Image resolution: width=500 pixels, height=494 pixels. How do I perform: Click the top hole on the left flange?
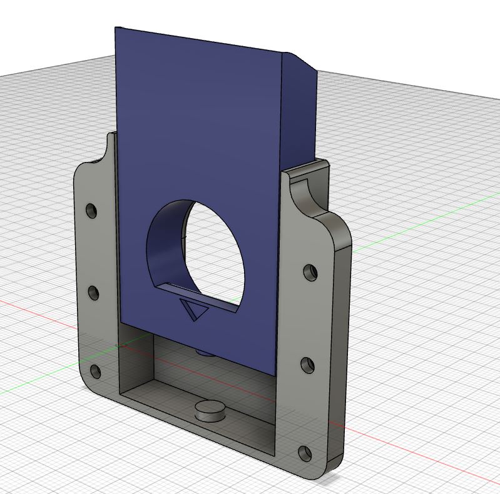92,210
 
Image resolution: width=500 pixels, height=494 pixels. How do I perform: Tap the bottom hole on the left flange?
95,373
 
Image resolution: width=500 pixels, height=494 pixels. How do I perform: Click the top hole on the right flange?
310,272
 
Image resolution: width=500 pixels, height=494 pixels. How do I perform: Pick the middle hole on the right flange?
307,365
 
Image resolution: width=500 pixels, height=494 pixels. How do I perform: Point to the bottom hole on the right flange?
305,453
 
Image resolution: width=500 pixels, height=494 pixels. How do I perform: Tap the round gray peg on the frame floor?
210,411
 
